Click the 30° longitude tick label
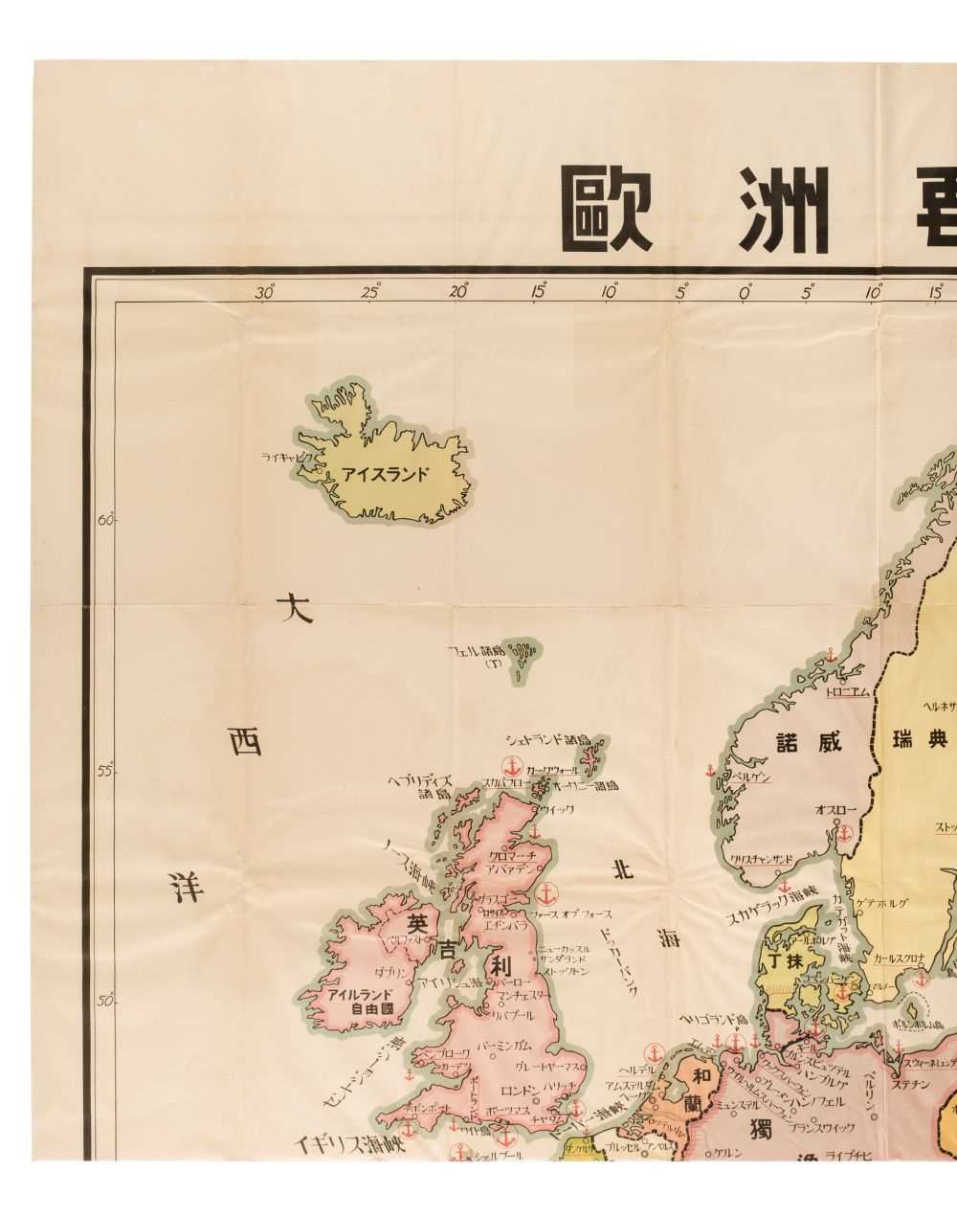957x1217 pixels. (265, 292)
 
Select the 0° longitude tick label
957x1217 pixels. (745, 292)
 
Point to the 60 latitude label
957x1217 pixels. (105, 520)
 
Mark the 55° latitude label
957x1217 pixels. (105, 771)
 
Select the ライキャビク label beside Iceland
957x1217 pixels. (287, 458)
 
